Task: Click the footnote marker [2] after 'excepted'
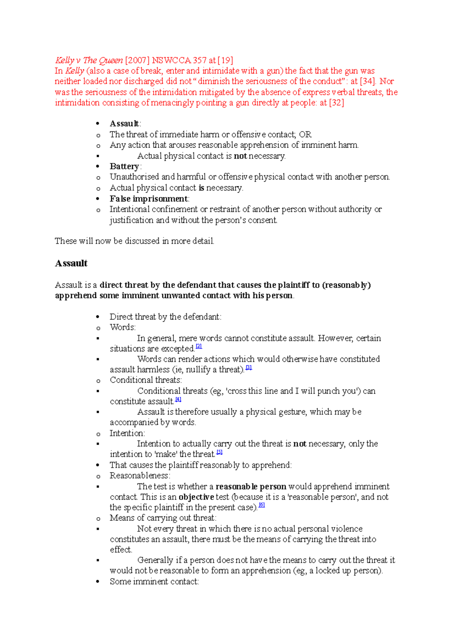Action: (x=199, y=346)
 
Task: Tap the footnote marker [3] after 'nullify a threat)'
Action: (x=249, y=368)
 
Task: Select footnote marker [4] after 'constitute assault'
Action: (x=178, y=399)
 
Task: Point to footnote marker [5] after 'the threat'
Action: (x=219, y=452)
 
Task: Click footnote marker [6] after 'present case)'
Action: (x=261, y=505)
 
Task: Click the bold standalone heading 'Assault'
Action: (x=71, y=263)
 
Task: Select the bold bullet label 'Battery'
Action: (x=124, y=166)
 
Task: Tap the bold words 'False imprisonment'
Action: (x=149, y=198)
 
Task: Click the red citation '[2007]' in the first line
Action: (x=137, y=60)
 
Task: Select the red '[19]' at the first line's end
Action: (x=225, y=60)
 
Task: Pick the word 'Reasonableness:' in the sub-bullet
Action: (x=140, y=476)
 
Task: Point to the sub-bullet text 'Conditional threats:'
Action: (x=146, y=380)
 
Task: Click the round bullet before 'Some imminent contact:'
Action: (x=98, y=582)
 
